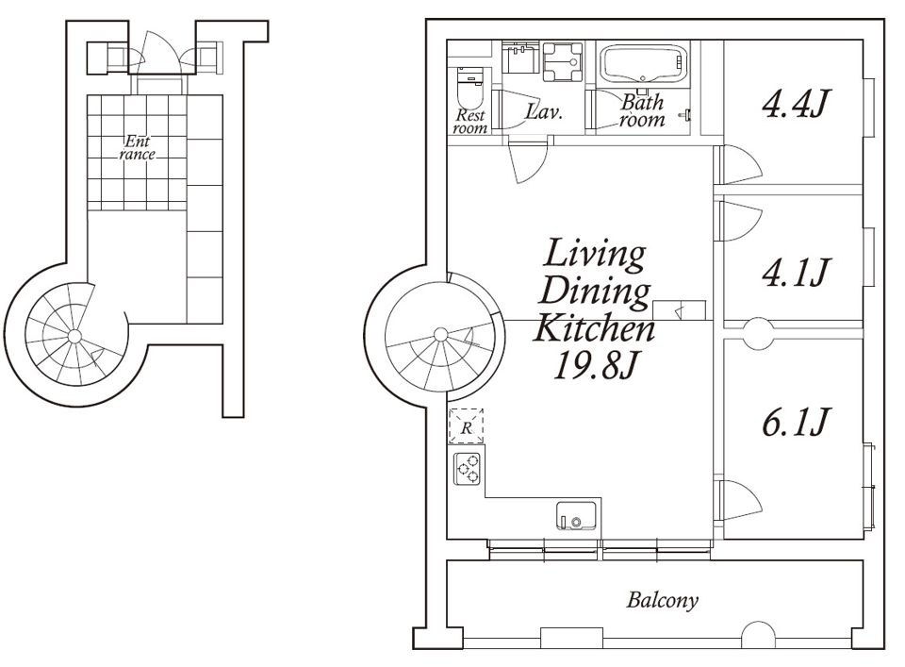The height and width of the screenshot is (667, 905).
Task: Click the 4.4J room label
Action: (x=796, y=105)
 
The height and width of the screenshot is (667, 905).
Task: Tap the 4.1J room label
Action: (x=797, y=272)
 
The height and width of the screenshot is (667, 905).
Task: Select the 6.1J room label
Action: (x=797, y=422)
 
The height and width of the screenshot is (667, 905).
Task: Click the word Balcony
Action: (x=663, y=600)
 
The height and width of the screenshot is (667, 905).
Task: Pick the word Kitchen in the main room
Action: (x=594, y=328)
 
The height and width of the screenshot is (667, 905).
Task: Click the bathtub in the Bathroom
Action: (x=642, y=64)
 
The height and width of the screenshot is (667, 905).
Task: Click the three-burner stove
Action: (x=468, y=468)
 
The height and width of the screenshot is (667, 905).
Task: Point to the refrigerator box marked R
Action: (x=467, y=426)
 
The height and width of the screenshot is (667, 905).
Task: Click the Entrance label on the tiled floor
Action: (x=138, y=147)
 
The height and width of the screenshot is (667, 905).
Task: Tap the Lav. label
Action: (x=544, y=111)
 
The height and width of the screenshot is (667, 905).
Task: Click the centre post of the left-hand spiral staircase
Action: (x=74, y=336)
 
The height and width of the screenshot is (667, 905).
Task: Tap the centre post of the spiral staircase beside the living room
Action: (x=441, y=334)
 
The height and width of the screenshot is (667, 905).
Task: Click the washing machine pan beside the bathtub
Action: (x=562, y=61)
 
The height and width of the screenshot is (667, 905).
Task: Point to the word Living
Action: (x=595, y=254)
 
